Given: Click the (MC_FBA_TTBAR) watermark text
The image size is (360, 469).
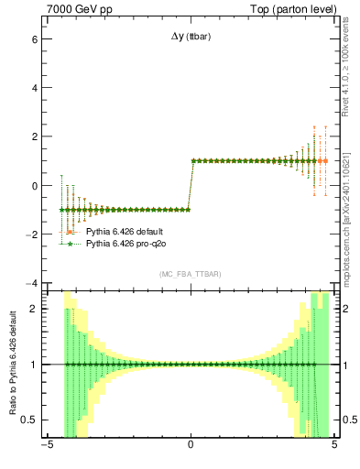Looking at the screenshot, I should [x=190, y=275].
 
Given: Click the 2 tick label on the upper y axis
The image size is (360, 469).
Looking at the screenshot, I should [x=34, y=137].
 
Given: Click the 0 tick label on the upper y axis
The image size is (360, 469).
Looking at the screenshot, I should [x=34, y=186].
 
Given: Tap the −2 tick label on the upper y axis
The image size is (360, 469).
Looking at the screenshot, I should [x=31, y=234].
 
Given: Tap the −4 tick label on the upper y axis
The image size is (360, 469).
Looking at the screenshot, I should [x=31, y=283].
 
